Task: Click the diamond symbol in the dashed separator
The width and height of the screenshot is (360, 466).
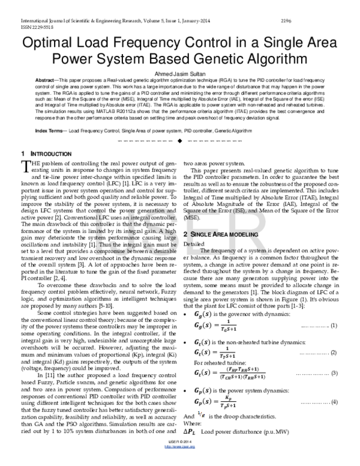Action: coord(180,141)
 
